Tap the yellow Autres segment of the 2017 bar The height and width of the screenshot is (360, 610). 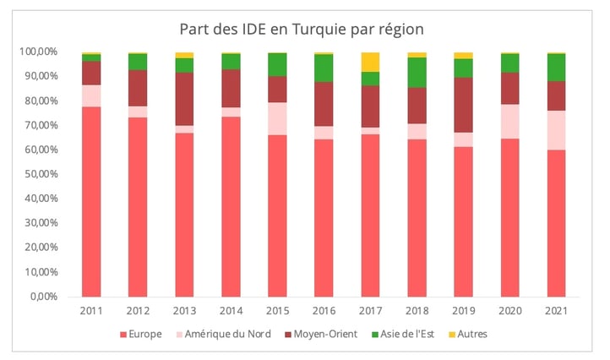click(369, 62)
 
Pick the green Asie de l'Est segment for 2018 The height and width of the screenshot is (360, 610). click(416, 72)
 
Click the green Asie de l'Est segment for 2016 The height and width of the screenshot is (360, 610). click(324, 68)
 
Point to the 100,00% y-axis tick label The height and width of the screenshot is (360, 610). click(39, 52)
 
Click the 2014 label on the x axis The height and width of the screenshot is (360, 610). click(231, 311)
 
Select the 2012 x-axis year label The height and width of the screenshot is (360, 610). click(139, 311)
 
